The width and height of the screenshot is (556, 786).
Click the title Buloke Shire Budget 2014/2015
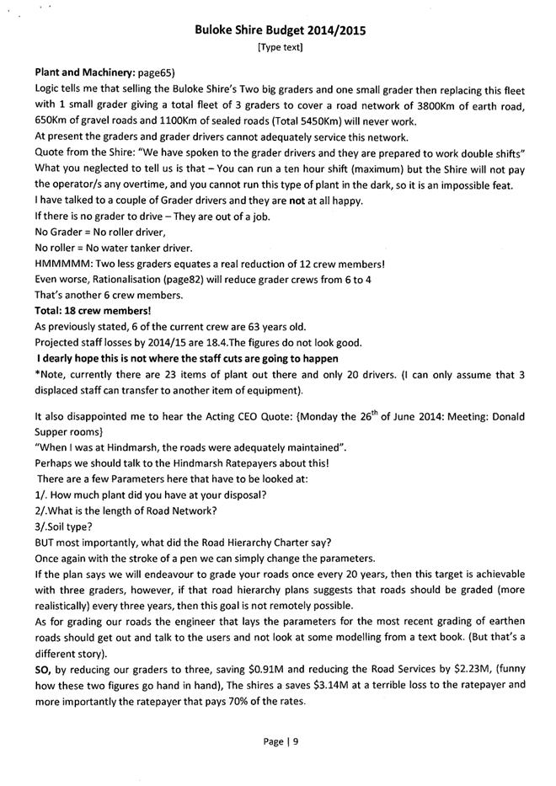click(x=281, y=30)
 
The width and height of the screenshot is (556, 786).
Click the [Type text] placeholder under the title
click(x=281, y=47)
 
